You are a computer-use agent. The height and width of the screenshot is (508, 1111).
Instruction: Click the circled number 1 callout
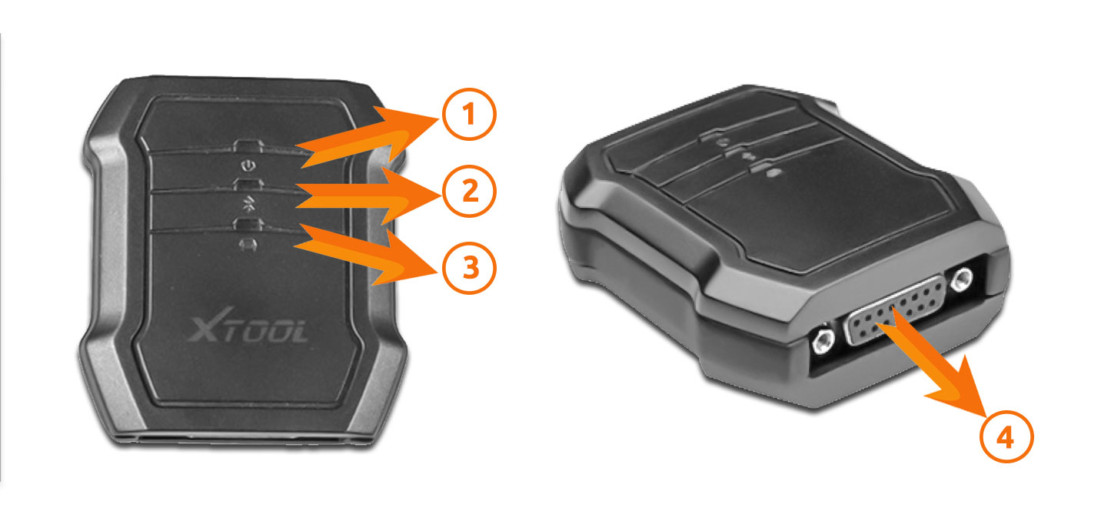pyautogui.click(x=468, y=116)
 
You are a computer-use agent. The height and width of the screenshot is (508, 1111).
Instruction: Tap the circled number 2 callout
pyautogui.click(x=468, y=192)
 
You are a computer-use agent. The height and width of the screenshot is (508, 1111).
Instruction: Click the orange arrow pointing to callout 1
pyautogui.click(x=361, y=139)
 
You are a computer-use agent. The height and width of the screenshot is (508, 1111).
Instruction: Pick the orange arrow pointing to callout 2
pyautogui.click(x=361, y=197)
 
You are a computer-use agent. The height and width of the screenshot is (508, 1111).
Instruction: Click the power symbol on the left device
pyautogui.click(x=246, y=166)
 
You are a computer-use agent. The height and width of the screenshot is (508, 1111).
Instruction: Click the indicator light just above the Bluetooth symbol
pyautogui.click(x=247, y=185)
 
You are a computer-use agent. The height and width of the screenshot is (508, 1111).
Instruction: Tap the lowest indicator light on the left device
pyautogui.click(x=248, y=225)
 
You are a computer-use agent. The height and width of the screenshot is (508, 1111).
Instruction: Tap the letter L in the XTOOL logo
pyautogui.click(x=297, y=332)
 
